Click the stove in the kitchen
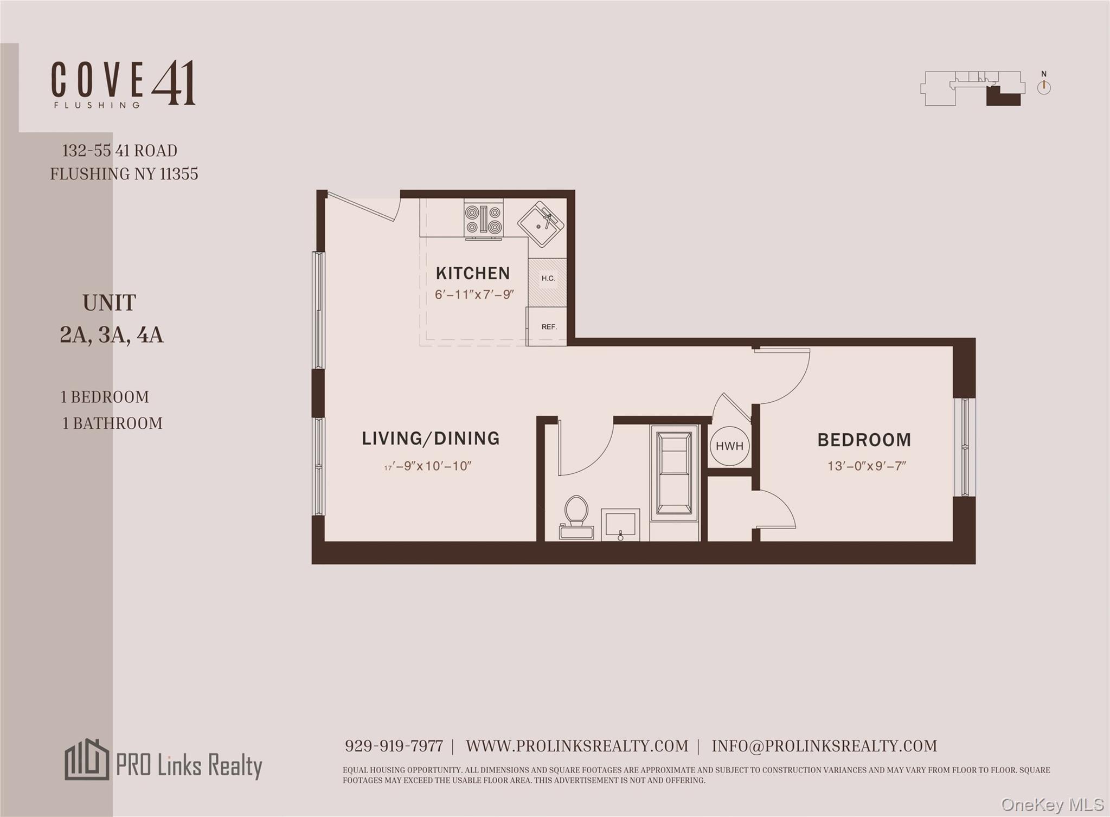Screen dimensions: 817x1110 [483, 220]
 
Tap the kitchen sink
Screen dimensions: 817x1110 [541, 224]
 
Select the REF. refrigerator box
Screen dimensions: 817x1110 [548, 326]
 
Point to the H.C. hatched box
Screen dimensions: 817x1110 [548, 279]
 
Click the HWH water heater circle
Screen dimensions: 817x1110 [729, 446]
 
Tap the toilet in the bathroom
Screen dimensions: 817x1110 [576, 516]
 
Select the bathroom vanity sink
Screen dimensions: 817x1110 [620, 525]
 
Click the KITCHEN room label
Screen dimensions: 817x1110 [472, 273]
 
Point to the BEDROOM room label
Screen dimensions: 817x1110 [864, 440]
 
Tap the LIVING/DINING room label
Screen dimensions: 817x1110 [431, 438]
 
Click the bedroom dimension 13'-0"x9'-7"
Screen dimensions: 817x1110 [867, 466]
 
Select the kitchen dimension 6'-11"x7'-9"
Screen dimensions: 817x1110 [474, 295]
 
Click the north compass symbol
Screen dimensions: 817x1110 [1044, 87]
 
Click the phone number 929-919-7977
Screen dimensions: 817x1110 [394, 746]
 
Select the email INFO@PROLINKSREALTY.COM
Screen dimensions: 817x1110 [824, 746]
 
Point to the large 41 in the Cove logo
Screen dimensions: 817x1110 [173, 83]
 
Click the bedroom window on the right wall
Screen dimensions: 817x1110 [965, 447]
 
